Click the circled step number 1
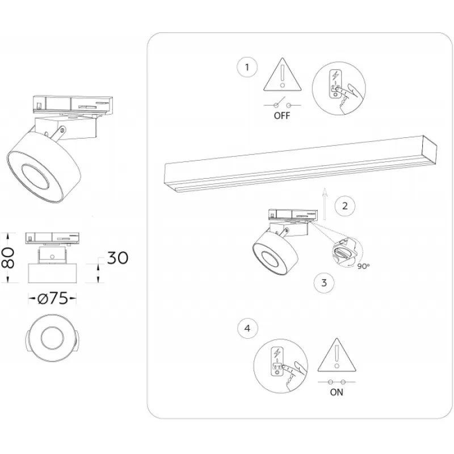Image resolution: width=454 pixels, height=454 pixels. coord(247,67)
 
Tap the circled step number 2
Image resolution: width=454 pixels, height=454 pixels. coord(344,206)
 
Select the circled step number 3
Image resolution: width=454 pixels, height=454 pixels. coord(324,283)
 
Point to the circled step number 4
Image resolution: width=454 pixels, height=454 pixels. coord(247,329)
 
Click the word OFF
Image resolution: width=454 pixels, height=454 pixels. coord(281,116)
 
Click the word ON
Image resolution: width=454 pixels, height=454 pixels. coord(337,392)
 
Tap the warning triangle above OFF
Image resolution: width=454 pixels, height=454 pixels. coord(282,74)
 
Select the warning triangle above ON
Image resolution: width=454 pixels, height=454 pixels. coord(337,355)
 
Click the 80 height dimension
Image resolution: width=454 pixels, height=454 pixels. coord(8,258)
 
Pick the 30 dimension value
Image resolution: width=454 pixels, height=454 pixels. coord(117,258)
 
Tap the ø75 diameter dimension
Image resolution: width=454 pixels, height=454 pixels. coord(53,299)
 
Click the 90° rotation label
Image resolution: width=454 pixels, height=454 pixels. coord(363,266)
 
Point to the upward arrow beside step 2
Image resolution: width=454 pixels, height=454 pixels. coord(325,204)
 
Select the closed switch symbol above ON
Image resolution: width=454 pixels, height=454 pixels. coord(337,382)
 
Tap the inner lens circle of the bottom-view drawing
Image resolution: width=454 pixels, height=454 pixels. coord(52,338)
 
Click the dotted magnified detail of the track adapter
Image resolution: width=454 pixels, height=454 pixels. coord(347,251)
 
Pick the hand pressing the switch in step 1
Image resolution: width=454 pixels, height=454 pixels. coord(349,98)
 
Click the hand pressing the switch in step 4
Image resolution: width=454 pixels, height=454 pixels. coord(293,376)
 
